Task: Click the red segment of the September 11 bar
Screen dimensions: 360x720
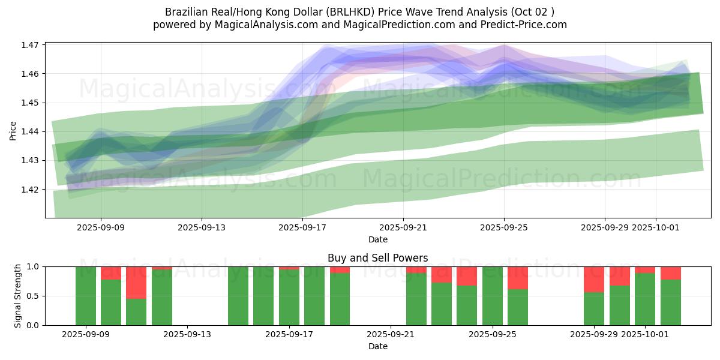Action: coord(136,282)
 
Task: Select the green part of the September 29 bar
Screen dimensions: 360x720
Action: coord(594,308)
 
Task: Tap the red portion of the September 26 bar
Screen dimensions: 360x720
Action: coord(518,278)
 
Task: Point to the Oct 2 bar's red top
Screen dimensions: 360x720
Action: coord(670,273)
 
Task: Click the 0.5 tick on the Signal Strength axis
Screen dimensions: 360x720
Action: coord(34,296)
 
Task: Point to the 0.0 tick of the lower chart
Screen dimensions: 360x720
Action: coord(34,325)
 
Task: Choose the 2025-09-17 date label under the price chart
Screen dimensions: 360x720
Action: coord(302,227)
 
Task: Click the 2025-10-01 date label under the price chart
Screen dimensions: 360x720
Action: coord(656,227)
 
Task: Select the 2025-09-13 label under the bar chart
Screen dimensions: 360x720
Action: coord(188,334)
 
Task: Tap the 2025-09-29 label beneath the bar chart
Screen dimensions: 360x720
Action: coord(594,334)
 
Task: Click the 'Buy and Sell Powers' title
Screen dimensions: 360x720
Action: coord(378,258)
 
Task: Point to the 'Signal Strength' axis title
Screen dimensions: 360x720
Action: coord(18,296)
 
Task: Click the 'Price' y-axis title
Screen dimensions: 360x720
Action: coord(13,131)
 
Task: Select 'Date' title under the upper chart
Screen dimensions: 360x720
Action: coord(378,239)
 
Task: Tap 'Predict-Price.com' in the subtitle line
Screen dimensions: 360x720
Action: coord(527,25)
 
